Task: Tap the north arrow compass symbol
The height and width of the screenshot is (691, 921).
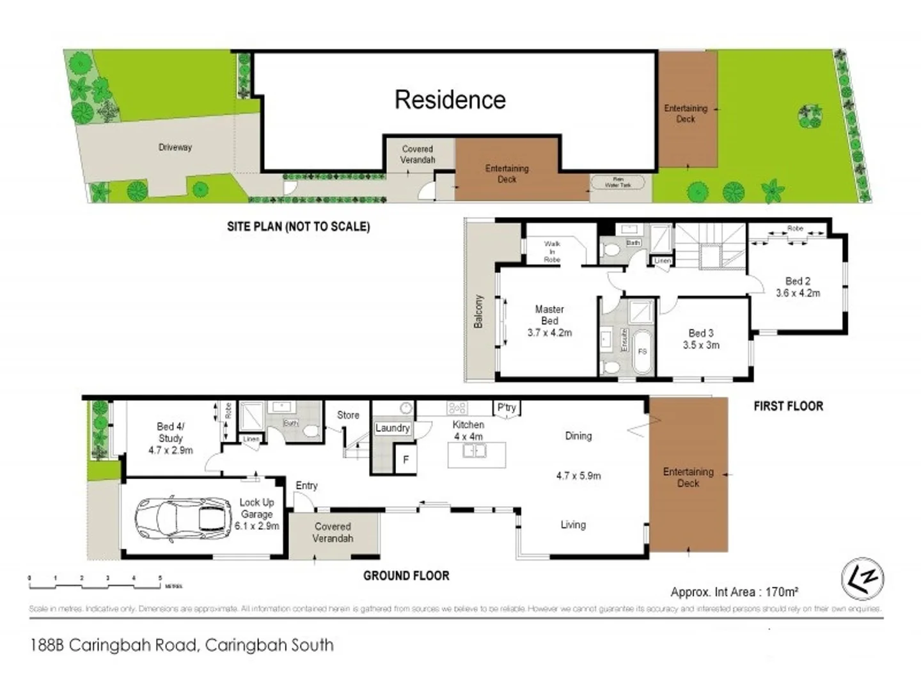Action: pyautogui.click(x=862, y=578)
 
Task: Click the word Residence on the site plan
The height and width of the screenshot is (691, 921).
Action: pyautogui.click(x=450, y=100)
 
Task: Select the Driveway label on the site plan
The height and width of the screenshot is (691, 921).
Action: pyautogui.click(x=175, y=147)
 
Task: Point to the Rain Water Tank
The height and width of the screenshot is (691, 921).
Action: pyautogui.click(x=617, y=182)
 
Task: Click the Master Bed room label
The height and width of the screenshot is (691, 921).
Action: pyautogui.click(x=549, y=315)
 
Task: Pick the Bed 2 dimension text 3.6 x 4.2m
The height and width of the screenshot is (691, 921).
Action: pyautogui.click(x=798, y=293)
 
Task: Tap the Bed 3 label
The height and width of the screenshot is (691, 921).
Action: pyautogui.click(x=701, y=333)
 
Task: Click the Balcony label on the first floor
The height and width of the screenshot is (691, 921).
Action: pyautogui.click(x=478, y=312)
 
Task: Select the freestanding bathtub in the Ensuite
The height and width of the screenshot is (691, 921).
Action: pyautogui.click(x=642, y=351)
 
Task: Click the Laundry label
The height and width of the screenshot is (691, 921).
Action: pyautogui.click(x=392, y=428)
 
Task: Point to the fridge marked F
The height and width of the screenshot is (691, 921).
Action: pyautogui.click(x=405, y=460)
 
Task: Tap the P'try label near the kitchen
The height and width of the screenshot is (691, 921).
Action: pyautogui.click(x=506, y=408)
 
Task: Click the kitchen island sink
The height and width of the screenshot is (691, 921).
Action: pyautogui.click(x=474, y=452)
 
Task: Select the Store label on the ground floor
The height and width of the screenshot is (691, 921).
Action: pyautogui.click(x=348, y=415)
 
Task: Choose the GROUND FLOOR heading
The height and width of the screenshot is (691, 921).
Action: pyautogui.click(x=406, y=576)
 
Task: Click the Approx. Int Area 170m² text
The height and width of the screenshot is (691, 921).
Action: pyautogui.click(x=734, y=592)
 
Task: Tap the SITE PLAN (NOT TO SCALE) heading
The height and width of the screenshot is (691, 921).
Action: pyautogui.click(x=298, y=226)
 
